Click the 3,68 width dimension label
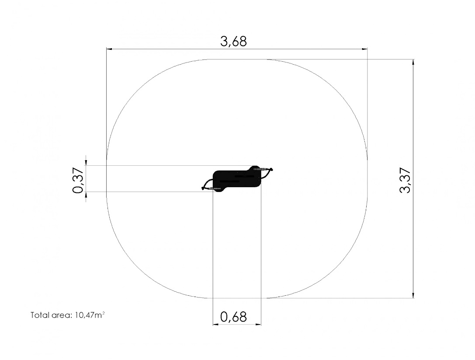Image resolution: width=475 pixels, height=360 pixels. [x=233, y=42]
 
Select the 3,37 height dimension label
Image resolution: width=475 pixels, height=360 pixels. [x=405, y=180]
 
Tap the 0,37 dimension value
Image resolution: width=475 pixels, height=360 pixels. [x=78, y=180]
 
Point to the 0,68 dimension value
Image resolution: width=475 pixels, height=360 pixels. [x=233, y=317]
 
